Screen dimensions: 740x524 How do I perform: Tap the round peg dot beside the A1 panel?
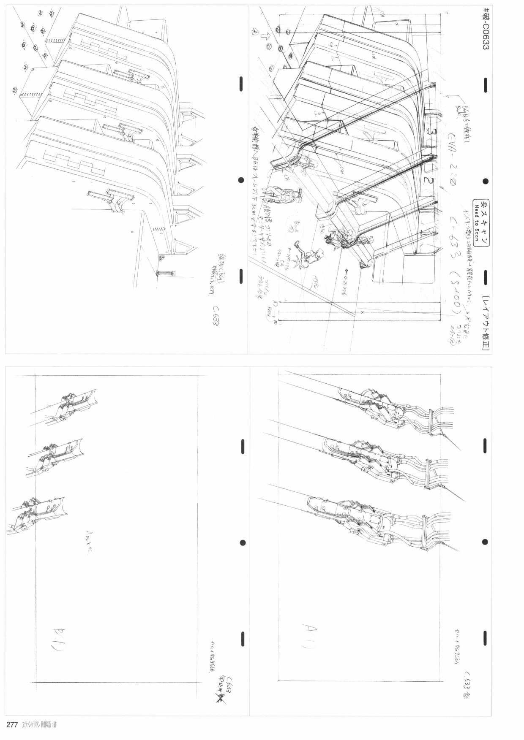point(484,542)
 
